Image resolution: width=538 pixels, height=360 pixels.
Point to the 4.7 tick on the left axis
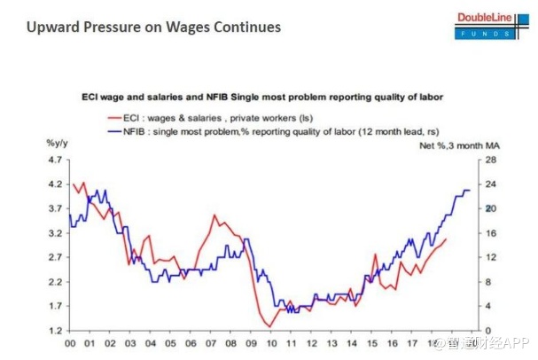[x=55, y=160]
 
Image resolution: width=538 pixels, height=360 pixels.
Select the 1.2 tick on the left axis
[x=55, y=331]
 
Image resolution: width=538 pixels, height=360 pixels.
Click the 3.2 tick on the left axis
[x=55, y=233]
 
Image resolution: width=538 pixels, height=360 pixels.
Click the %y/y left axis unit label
[x=58, y=144]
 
